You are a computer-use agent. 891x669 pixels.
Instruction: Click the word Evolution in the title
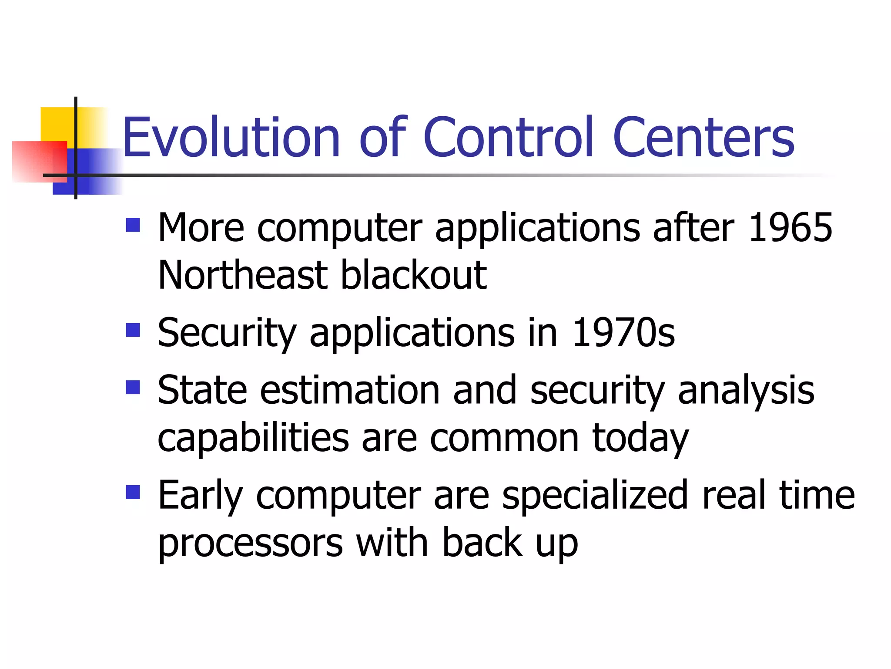coord(231,138)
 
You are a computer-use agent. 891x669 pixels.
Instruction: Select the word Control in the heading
coord(508,138)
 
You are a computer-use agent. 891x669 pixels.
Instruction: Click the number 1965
coord(790,228)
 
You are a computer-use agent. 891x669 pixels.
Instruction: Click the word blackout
coord(413,275)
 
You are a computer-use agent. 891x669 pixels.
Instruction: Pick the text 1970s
coord(623,333)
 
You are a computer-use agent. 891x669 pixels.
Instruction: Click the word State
coord(202,390)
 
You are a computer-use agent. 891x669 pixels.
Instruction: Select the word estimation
coord(350,390)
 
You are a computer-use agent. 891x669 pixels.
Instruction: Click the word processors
coord(251,544)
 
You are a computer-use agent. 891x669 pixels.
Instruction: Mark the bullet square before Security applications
coord(133,330)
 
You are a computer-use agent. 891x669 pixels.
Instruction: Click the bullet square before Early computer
coord(133,492)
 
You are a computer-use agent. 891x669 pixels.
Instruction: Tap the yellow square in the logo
coord(57,124)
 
